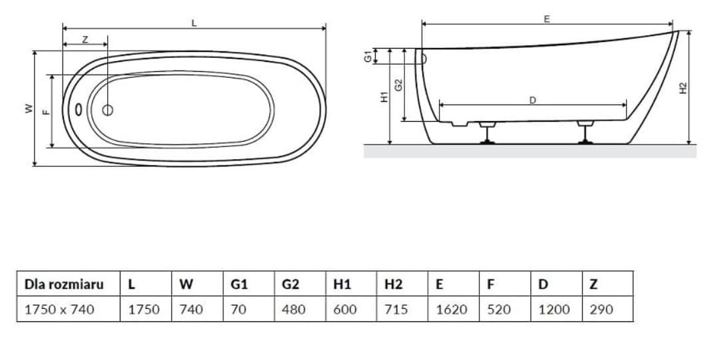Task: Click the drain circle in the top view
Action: pyautogui.click(x=108, y=110)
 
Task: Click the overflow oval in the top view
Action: pyautogui.click(x=78, y=110)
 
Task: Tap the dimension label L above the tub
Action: pyautogui.click(x=194, y=23)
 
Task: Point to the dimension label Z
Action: pyautogui.click(x=85, y=39)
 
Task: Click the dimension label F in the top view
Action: pyautogui.click(x=47, y=111)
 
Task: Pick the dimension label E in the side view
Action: pyautogui.click(x=547, y=19)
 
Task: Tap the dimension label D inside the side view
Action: pyautogui.click(x=533, y=100)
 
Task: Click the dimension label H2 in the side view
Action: pyautogui.click(x=683, y=88)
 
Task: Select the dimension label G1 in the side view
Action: pyautogui.click(x=368, y=57)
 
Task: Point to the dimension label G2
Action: pyautogui.click(x=398, y=85)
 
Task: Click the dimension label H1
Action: pyautogui.click(x=384, y=96)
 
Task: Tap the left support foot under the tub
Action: pyautogui.click(x=488, y=132)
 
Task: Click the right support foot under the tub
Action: pyautogui.click(x=585, y=132)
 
